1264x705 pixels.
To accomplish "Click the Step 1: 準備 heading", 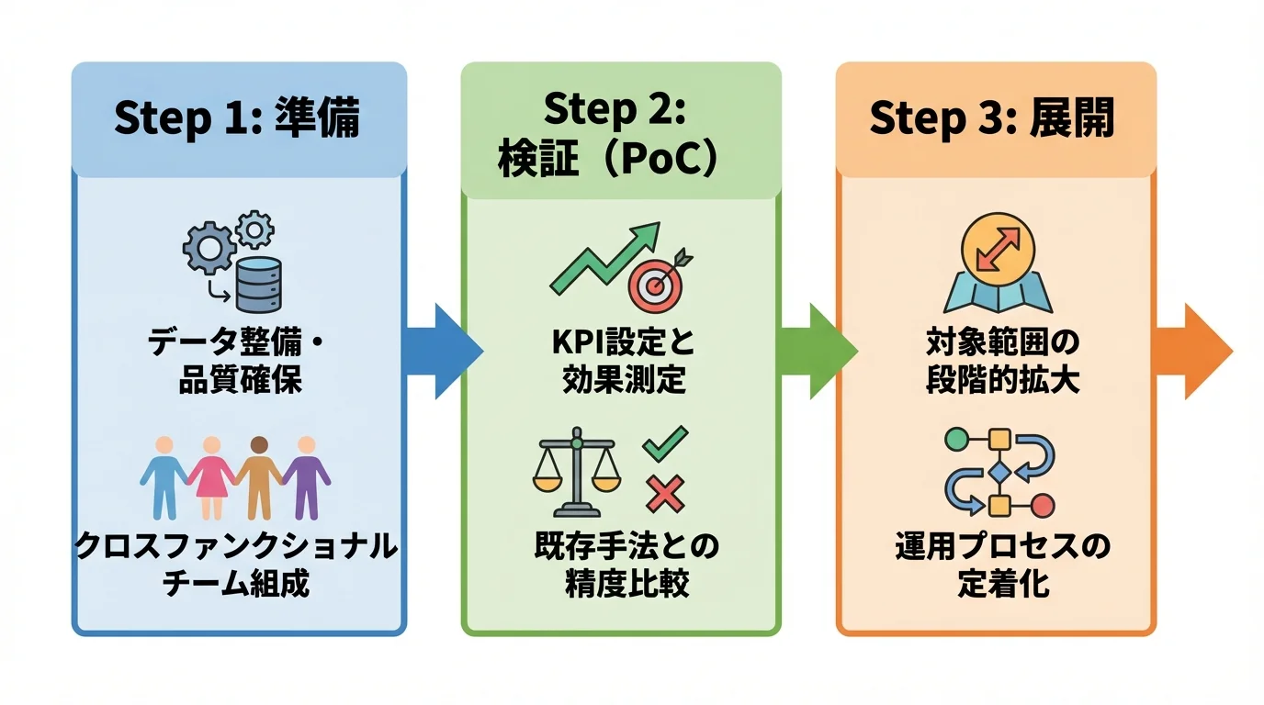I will (x=237, y=119).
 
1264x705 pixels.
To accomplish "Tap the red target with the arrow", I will (x=656, y=283).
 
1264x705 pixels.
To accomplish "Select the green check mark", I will (x=664, y=443).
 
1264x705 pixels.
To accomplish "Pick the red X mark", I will (x=664, y=496).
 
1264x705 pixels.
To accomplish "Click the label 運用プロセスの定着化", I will (x=1002, y=565).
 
